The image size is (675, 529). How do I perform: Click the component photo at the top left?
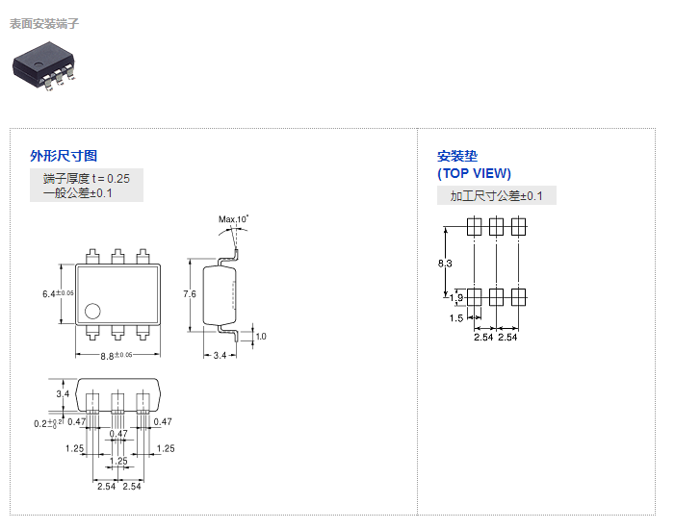point(44,68)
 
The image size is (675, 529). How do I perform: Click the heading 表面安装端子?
point(44,23)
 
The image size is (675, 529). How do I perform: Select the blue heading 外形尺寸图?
point(64,156)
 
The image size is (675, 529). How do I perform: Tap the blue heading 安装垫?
point(457,156)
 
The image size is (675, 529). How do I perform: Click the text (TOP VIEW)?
point(475,174)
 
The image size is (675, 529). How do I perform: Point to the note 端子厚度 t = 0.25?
point(86,178)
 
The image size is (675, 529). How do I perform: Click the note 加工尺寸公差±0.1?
point(497,196)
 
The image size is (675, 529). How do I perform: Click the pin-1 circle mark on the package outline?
point(92,311)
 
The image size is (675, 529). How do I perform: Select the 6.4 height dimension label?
point(49,293)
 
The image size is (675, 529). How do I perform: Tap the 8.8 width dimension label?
point(108,355)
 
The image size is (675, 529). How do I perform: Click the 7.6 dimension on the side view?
point(190,293)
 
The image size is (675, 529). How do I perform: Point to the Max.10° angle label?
point(233,219)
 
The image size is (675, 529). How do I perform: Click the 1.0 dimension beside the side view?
point(261,336)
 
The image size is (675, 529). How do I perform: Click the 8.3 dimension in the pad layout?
point(445,263)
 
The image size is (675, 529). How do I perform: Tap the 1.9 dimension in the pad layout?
point(456,298)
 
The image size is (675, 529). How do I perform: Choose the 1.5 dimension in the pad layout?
point(456,317)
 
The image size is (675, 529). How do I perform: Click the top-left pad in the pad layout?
point(474,227)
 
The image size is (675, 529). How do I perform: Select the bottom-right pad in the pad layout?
point(518,296)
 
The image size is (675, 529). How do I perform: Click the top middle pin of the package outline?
point(117,256)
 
